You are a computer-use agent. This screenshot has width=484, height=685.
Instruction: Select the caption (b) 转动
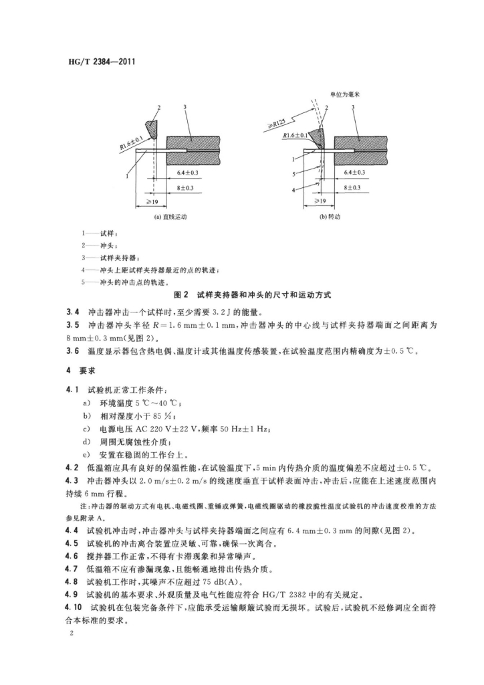[331, 217]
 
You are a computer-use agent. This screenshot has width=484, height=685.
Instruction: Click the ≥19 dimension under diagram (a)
[152, 201]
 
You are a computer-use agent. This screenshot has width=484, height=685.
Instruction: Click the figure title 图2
[181, 294]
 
